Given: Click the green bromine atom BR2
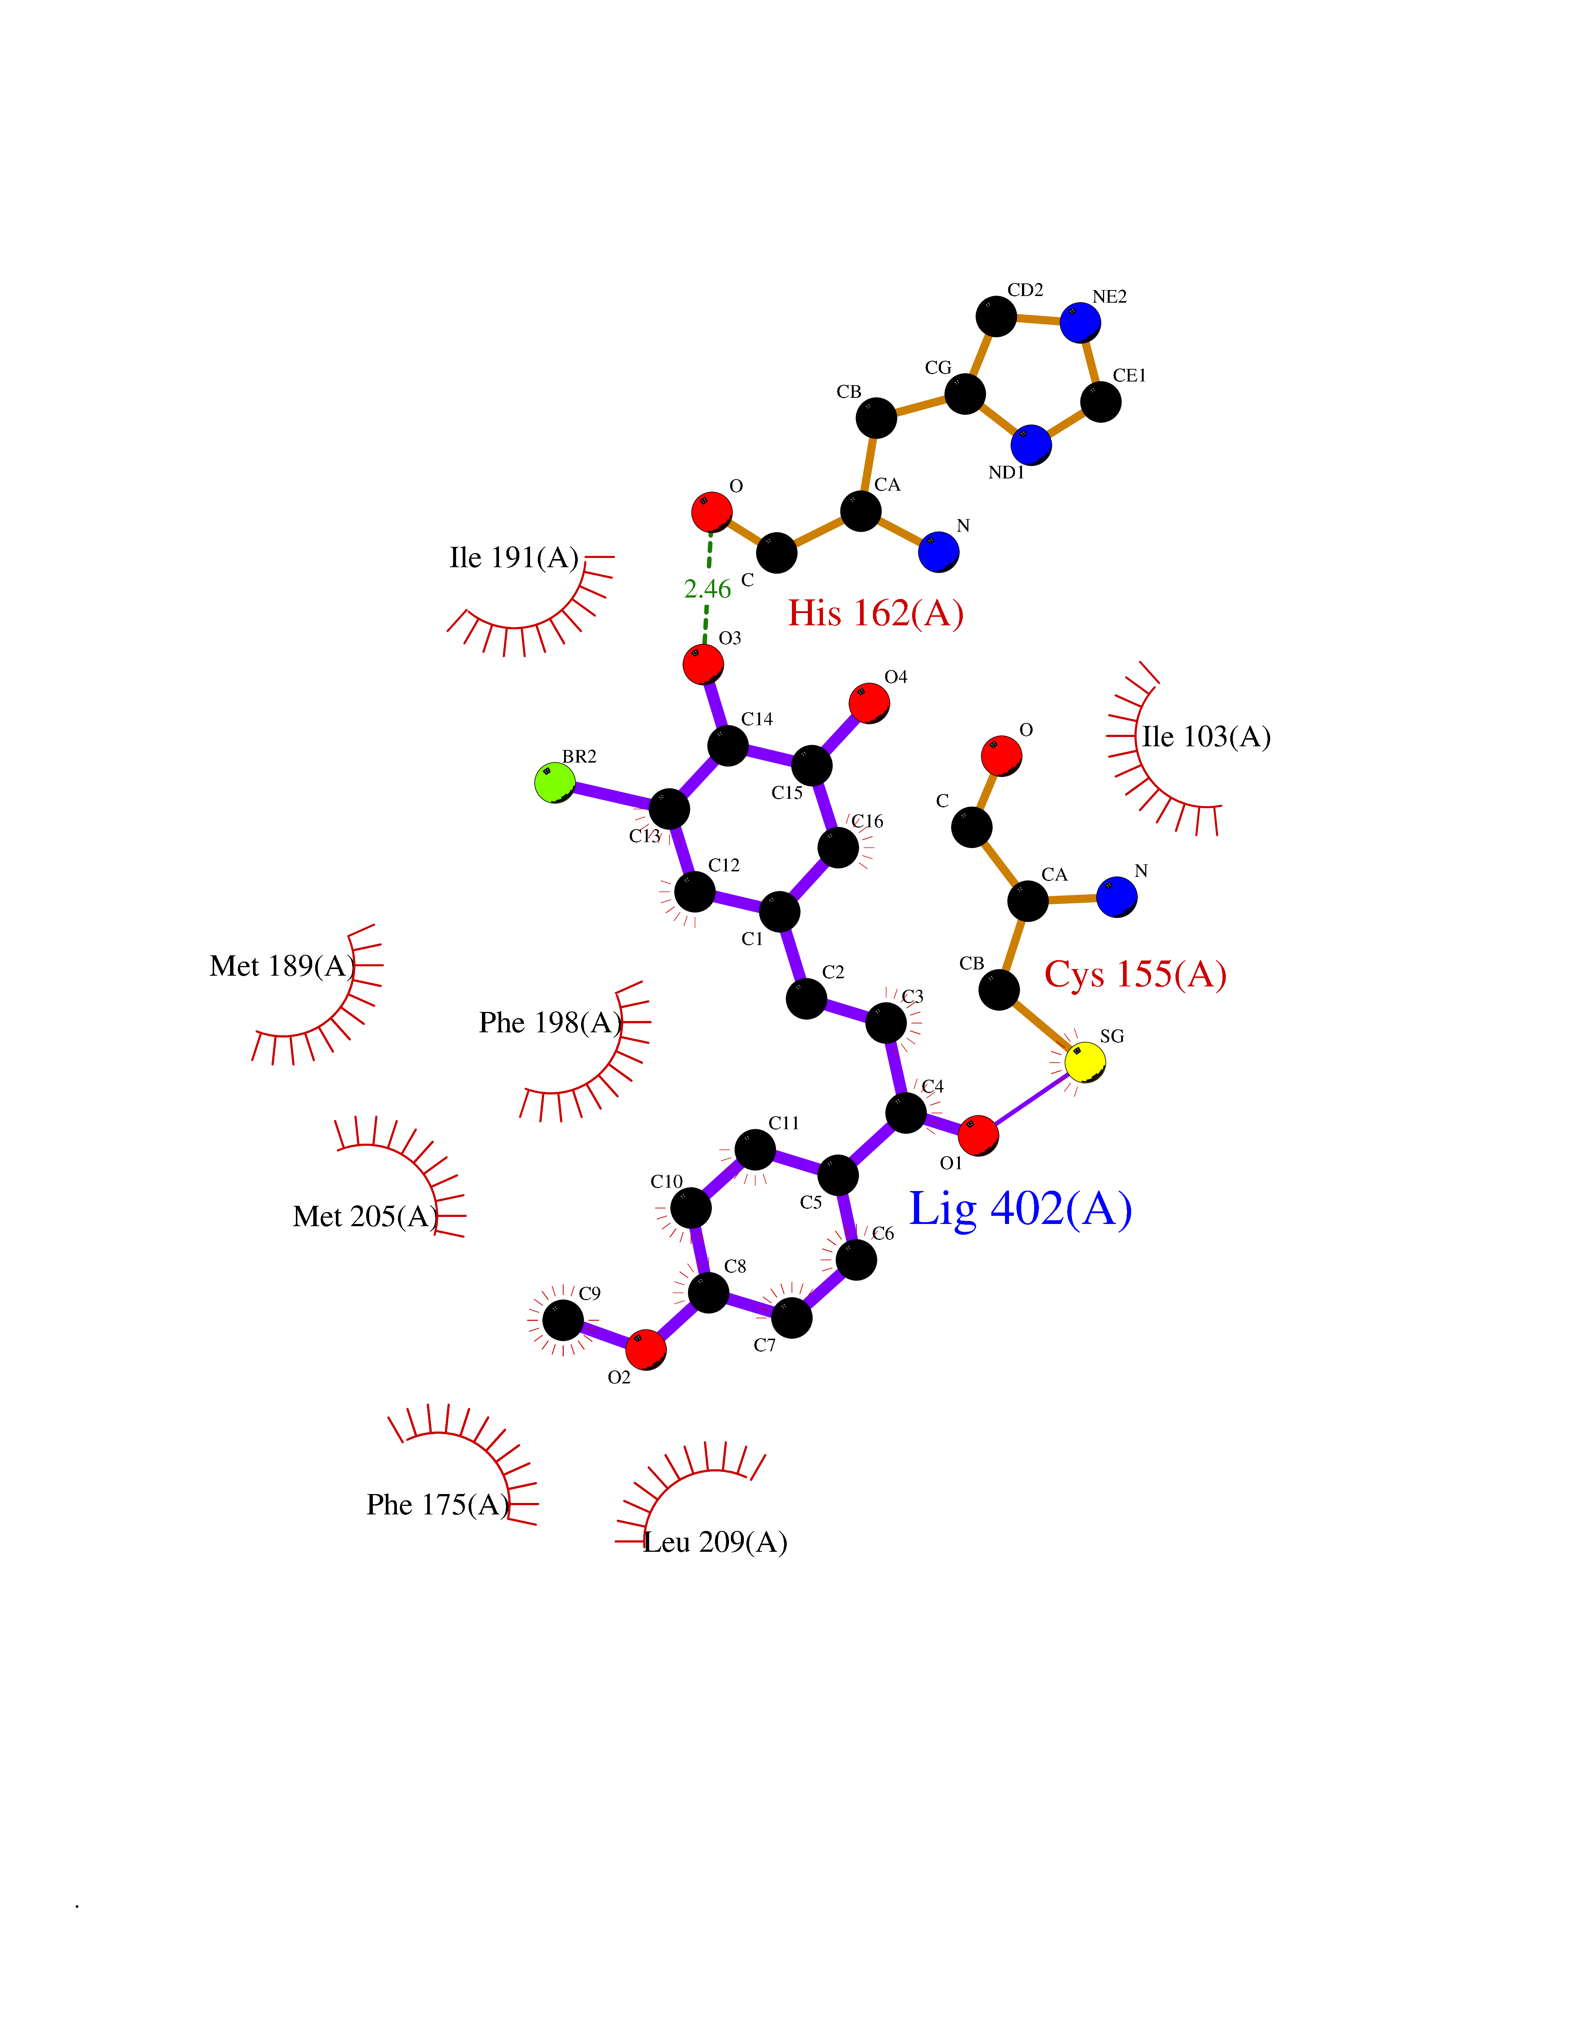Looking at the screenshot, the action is (x=555, y=782).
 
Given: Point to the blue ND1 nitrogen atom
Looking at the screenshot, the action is (x=1031, y=444).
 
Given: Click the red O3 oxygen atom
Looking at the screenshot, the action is (x=703, y=665).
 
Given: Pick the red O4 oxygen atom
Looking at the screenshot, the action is (x=869, y=703).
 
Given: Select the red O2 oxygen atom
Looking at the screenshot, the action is (x=645, y=1349).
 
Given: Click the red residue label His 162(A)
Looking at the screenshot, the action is (x=876, y=613).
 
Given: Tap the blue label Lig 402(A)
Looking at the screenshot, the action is (x=1021, y=1210).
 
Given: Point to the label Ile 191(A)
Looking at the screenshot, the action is (x=514, y=557).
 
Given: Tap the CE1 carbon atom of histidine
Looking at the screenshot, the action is (x=1101, y=401).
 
